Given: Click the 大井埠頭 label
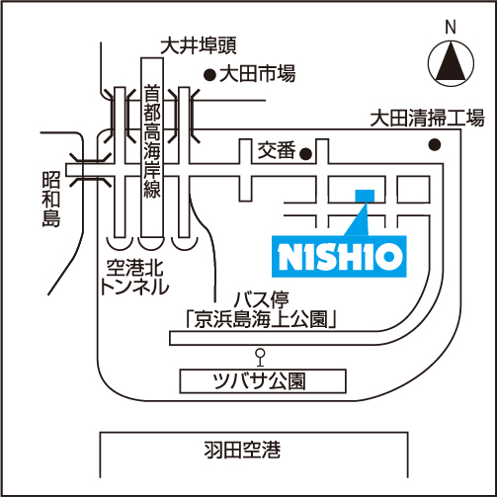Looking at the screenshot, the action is click(x=199, y=45).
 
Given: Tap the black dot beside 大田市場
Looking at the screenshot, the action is click(x=209, y=76).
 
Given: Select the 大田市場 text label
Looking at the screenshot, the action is click(x=258, y=74).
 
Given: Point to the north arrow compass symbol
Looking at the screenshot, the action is click(x=451, y=63).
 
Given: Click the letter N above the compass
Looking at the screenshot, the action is click(x=451, y=27).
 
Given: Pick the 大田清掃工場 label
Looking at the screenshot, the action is click(x=427, y=119).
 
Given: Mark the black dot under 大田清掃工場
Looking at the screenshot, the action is click(x=435, y=144).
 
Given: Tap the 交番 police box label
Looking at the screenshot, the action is click(x=277, y=150).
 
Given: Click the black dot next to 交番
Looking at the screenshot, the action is click(x=306, y=153).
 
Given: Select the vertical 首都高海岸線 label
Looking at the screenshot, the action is click(x=152, y=141).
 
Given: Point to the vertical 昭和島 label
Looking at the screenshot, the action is click(x=51, y=199).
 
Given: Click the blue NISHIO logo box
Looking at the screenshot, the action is click(x=339, y=256).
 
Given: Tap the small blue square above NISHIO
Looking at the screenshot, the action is click(x=365, y=196).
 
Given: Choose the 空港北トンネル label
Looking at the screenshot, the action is click(x=134, y=277).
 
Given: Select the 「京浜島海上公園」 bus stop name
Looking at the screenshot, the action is click(x=261, y=319).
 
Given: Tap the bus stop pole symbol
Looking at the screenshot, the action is click(x=261, y=358).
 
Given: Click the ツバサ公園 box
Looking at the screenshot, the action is click(x=263, y=381).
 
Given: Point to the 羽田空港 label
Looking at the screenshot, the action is click(x=242, y=450).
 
